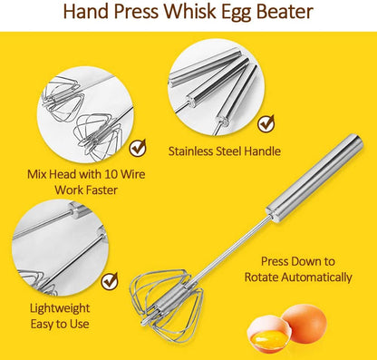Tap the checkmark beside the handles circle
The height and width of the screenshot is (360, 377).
tap(265, 122)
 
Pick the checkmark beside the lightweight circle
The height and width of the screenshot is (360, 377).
tap(109, 280)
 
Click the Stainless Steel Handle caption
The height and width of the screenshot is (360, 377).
tap(224, 151)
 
